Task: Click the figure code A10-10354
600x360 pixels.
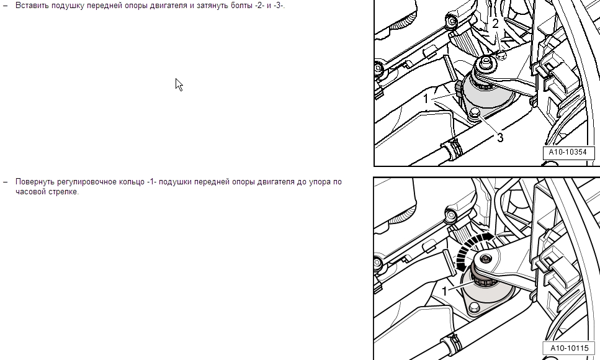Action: pos(568,152)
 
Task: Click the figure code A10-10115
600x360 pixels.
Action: pos(570,348)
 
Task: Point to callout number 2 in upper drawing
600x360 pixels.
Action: pos(496,24)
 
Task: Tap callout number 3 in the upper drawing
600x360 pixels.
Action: pos(500,138)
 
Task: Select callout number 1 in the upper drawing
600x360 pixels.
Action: pos(426,99)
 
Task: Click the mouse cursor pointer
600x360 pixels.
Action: pos(179,84)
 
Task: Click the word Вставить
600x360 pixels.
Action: pos(31,6)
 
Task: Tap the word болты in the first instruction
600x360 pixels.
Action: pos(241,6)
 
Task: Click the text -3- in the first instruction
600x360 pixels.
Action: pos(279,6)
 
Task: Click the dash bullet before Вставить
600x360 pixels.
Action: pos(6,6)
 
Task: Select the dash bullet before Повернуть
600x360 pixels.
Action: pos(6,182)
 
